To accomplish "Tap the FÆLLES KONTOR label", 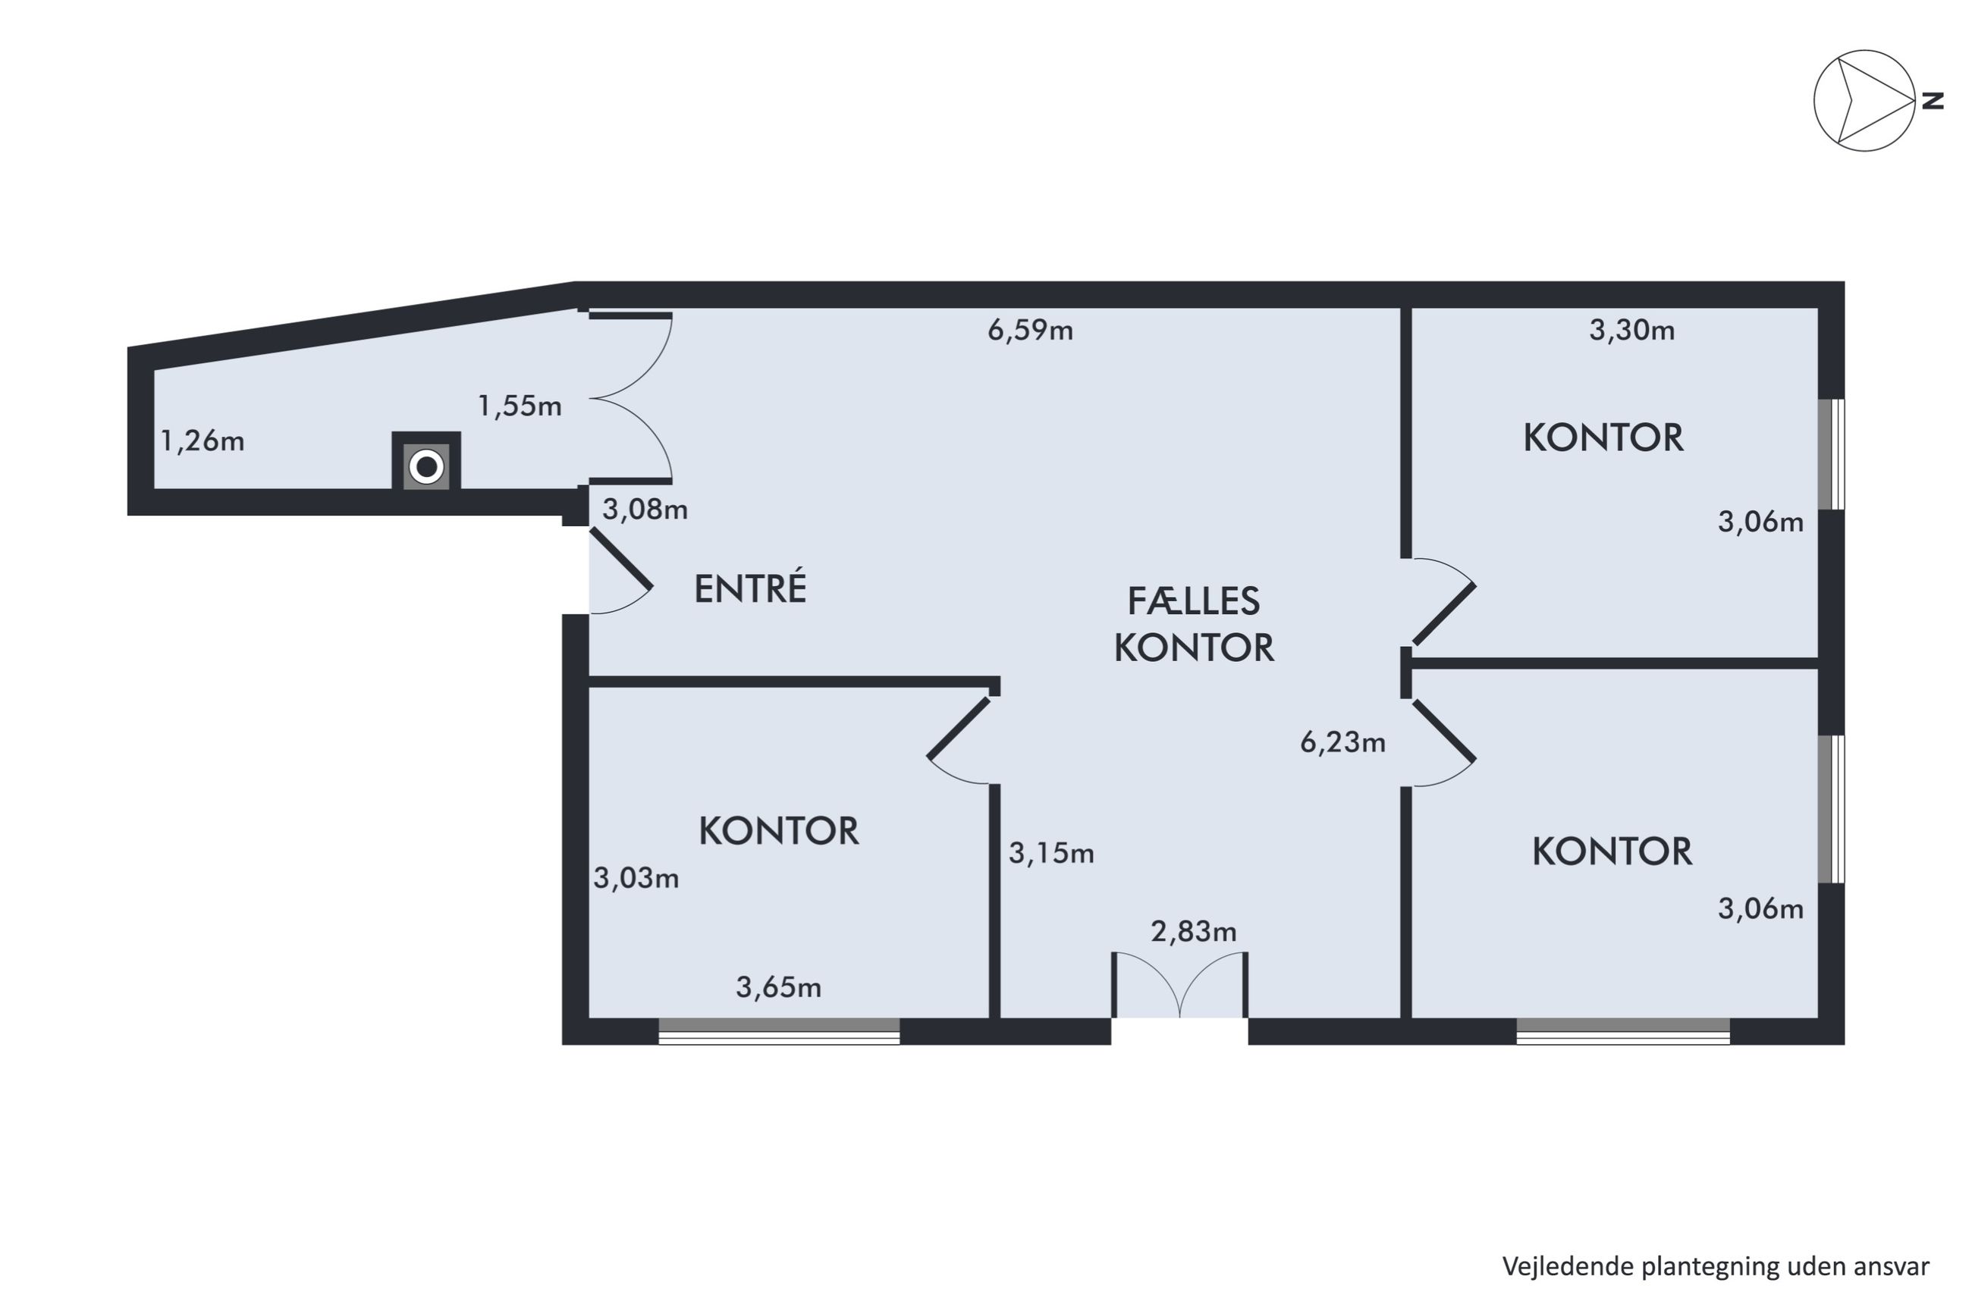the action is click(x=1193, y=624).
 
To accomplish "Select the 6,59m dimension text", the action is click(x=1030, y=330).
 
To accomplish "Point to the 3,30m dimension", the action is click(x=1631, y=330).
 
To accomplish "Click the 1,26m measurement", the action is click(x=202, y=440).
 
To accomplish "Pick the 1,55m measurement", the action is click(x=520, y=406).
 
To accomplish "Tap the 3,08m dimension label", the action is click(x=645, y=509).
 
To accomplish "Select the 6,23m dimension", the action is click(x=1342, y=742).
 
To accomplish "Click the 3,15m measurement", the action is click(x=1051, y=853).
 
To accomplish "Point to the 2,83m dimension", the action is click(x=1193, y=931).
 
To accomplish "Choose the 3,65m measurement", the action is click(x=779, y=987).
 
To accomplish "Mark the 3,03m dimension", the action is click(x=636, y=878).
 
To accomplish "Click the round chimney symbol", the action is click(x=426, y=467).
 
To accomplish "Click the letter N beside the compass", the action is click(x=1933, y=101).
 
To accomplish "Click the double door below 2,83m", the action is click(x=1180, y=986).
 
